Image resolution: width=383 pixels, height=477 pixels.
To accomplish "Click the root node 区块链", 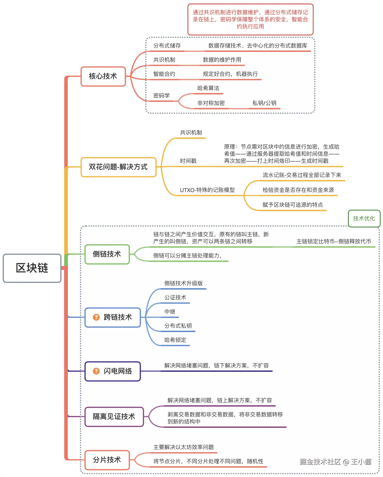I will point(32,268).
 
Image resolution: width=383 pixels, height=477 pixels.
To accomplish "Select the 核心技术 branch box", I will point(103,76).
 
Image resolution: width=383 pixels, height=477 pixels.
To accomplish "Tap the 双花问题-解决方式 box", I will point(118,167).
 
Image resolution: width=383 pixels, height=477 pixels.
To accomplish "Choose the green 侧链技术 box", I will point(107,254).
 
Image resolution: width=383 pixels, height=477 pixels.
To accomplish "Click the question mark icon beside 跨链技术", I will point(96,317).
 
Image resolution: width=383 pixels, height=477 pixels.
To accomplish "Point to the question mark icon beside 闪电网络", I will point(96,371).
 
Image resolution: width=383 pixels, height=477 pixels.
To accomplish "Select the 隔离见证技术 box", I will point(114,417).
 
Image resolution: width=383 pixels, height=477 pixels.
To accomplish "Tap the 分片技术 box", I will point(107,460).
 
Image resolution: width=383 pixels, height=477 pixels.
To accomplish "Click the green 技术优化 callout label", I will point(364,219).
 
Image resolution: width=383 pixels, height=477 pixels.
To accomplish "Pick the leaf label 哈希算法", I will point(208,88).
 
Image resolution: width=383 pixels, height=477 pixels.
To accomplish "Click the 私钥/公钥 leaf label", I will point(264,103).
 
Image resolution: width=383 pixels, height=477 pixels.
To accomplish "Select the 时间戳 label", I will point(188,161).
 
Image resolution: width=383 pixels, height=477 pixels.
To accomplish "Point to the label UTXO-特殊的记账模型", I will point(207,190).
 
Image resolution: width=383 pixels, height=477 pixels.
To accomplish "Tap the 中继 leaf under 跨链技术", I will point(170,312).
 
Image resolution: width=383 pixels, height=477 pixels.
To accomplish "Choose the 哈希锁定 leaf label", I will point(175,340).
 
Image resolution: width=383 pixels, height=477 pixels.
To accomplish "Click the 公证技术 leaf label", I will point(175,298).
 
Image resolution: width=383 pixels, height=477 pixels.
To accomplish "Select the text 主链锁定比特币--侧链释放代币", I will point(334,242).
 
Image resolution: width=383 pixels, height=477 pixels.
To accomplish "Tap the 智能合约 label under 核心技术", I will point(164,74).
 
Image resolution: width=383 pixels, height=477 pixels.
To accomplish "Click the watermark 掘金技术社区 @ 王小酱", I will point(336,462).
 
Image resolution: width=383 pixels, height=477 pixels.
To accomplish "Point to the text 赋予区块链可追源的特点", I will point(292,205).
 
